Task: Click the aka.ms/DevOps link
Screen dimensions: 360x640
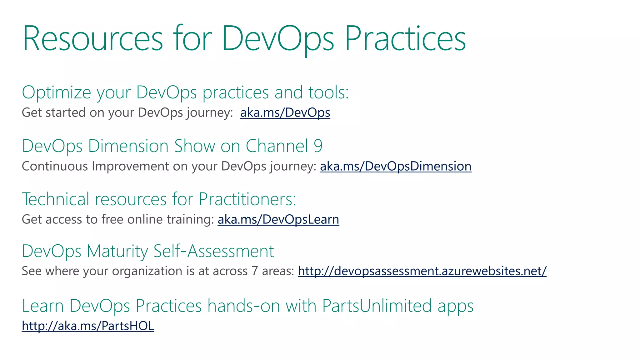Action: pyautogui.click(x=285, y=112)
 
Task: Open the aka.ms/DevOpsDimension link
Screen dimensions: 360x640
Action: pyautogui.click(x=396, y=166)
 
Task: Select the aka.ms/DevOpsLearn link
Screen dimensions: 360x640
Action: pyautogui.click(x=278, y=219)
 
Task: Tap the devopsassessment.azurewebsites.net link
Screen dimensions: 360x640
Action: pyautogui.click(x=422, y=271)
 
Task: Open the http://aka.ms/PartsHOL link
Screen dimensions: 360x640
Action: pyautogui.click(x=88, y=326)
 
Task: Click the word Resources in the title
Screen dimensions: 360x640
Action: pyautogui.click(x=93, y=39)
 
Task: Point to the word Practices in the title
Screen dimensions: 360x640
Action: pyautogui.click(x=405, y=39)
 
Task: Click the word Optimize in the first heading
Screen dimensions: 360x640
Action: pyautogui.click(x=56, y=92)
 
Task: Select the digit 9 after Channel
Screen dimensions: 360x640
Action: pyautogui.click(x=318, y=146)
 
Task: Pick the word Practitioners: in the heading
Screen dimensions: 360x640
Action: pyautogui.click(x=247, y=199)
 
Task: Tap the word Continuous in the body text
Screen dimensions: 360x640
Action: pyautogui.click(x=55, y=166)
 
